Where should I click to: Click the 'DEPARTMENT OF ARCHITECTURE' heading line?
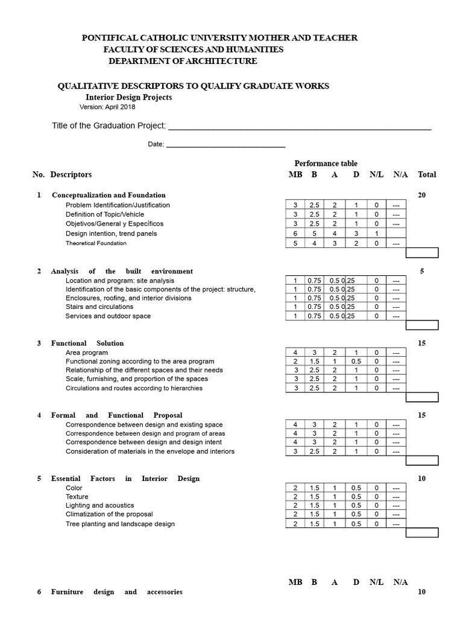click(x=182, y=61)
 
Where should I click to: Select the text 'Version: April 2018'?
click(x=107, y=107)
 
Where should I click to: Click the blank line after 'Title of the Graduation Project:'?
click(x=299, y=126)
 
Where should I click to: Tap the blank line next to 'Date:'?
click(x=225, y=144)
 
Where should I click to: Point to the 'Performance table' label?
click(x=326, y=164)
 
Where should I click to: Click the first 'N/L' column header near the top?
click(x=376, y=174)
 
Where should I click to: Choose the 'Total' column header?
click(x=427, y=174)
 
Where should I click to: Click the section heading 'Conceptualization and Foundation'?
click(x=109, y=195)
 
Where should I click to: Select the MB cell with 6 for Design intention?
click(x=295, y=234)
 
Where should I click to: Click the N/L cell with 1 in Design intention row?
click(x=376, y=234)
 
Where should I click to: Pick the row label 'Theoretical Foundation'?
click(x=96, y=243)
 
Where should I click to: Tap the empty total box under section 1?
click(x=422, y=253)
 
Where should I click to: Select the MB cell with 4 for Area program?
click(x=295, y=352)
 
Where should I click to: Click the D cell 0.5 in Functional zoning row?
click(x=356, y=361)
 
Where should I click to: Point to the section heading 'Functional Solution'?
click(x=87, y=343)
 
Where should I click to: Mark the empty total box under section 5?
click(x=422, y=533)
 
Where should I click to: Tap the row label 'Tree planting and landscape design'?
click(x=120, y=524)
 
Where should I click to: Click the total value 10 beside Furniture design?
click(x=422, y=592)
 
